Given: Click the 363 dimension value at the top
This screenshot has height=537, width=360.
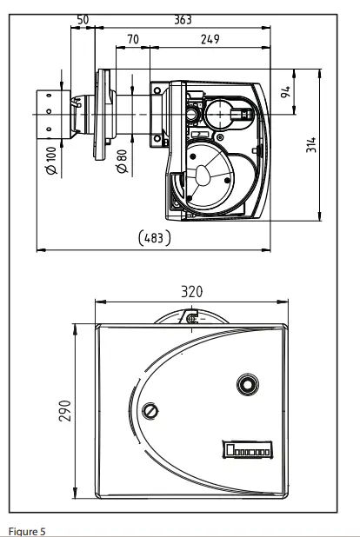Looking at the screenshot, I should click(x=182, y=18).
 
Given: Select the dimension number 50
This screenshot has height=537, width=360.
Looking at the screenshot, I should click(x=83, y=18).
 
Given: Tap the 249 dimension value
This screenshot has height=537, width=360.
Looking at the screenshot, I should click(x=209, y=39).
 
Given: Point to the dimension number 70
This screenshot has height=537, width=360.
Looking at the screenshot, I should click(x=132, y=39).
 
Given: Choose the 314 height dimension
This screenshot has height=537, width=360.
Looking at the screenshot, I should click(x=335, y=143).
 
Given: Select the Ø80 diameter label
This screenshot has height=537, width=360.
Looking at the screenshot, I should click(x=122, y=161).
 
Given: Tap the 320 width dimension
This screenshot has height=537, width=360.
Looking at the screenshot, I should click(x=191, y=292).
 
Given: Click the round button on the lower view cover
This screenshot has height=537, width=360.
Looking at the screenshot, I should click(x=247, y=383).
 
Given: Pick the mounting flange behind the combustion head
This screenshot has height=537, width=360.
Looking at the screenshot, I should click(x=98, y=113).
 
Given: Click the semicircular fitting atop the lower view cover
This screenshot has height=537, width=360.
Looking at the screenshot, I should click(x=191, y=316).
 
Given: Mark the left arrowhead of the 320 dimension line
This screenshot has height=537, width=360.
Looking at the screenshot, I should click(x=98, y=302).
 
